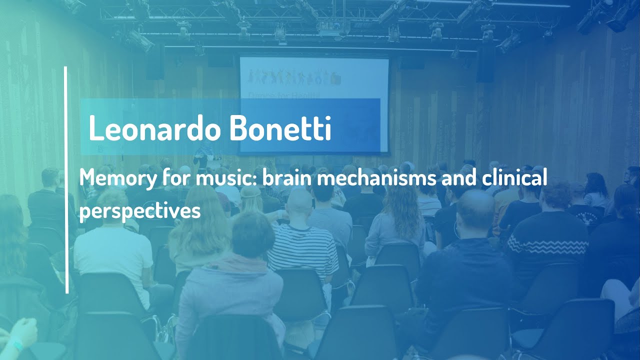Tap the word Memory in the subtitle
[110, 178]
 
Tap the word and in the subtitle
[453, 178]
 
